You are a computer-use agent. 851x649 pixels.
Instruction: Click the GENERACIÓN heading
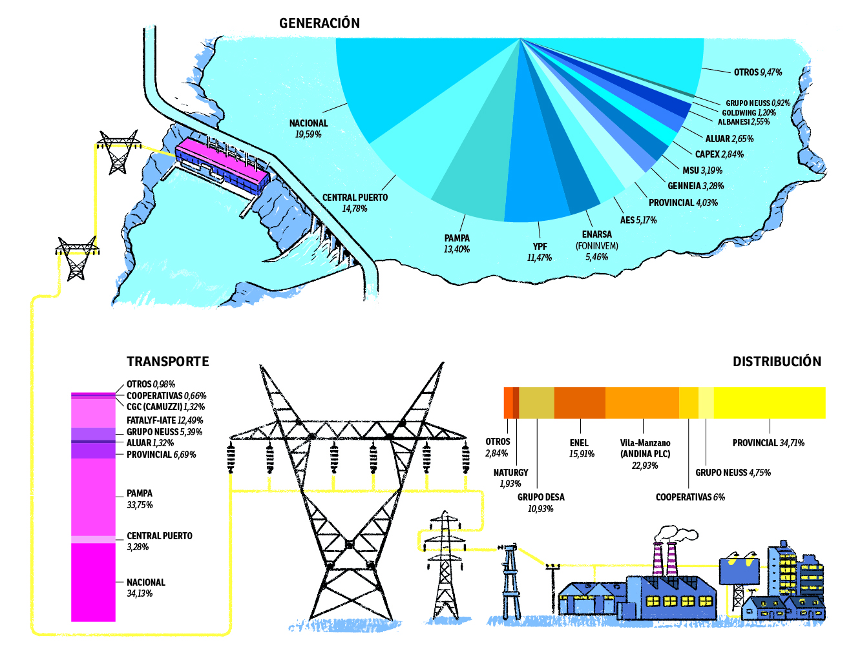pos(319,23)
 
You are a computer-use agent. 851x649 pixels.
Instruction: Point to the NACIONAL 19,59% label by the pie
pos(308,129)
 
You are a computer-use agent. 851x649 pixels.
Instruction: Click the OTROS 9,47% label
pos(757,72)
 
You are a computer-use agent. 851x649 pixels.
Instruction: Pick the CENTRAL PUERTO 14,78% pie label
pos(355,203)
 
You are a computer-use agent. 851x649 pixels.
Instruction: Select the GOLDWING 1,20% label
pos(748,112)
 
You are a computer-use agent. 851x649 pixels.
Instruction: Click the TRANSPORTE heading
pos(167,362)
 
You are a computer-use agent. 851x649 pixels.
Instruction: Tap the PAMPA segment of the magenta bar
pos(93,497)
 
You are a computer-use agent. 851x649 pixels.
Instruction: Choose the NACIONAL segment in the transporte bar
pos(93,581)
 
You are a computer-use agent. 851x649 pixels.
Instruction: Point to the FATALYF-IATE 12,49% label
pos(164,420)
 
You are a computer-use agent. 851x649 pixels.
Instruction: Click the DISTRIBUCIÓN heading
pos(777,362)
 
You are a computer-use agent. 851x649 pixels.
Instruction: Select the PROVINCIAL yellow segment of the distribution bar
pos(769,402)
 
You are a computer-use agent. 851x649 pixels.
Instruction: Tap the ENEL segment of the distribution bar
pos(580,402)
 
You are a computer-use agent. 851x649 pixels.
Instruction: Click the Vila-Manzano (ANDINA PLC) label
pos(645,454)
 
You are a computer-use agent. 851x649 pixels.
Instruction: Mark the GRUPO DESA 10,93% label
pos(541,503)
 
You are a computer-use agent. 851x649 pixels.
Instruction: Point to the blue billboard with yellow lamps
pos(740,572)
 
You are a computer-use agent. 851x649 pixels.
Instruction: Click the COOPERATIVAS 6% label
pos(690,497)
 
